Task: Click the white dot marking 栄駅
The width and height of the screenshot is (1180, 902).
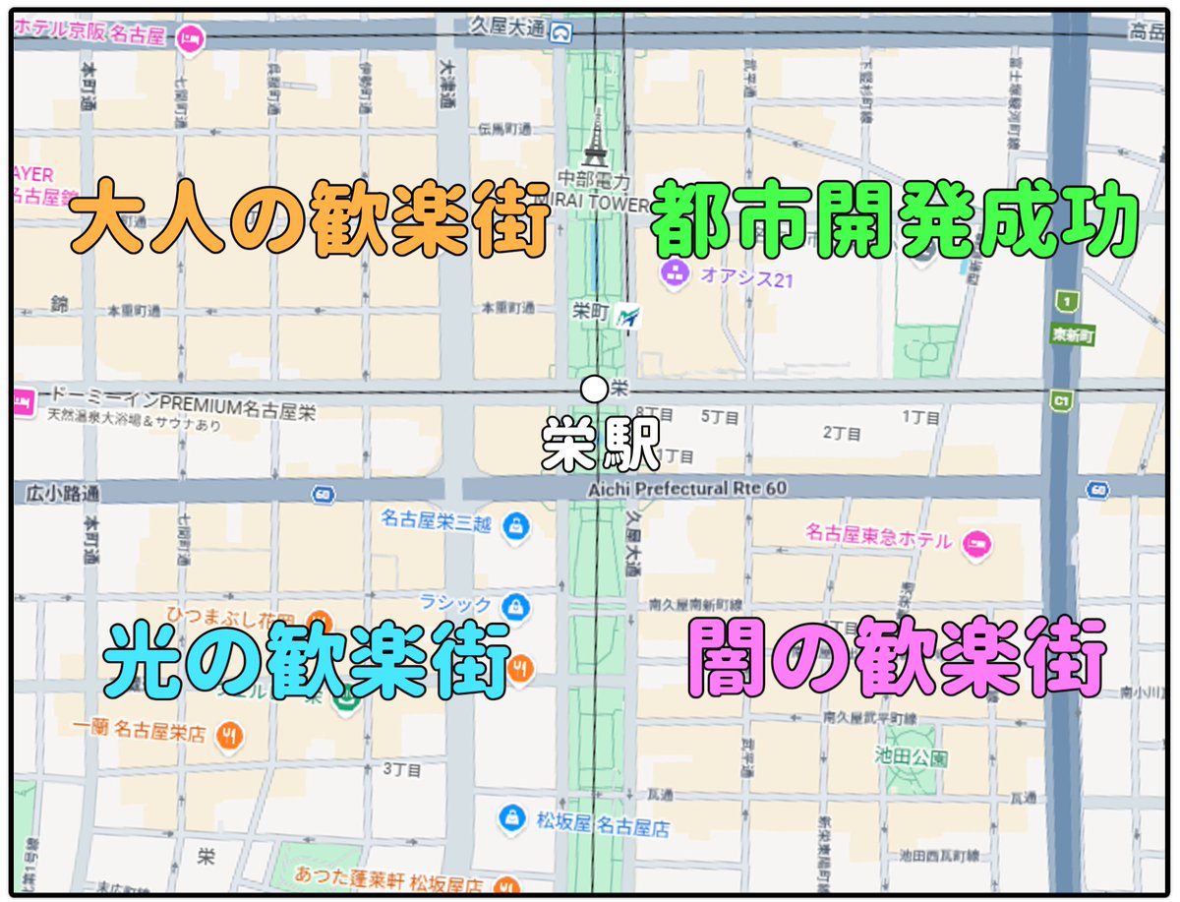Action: pos(593,390)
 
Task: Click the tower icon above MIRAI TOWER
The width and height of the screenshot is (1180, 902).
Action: pos(594,139)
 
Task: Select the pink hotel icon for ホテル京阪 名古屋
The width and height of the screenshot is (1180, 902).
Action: pos(190,38)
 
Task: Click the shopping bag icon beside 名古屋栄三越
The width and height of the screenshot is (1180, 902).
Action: pos(513,527)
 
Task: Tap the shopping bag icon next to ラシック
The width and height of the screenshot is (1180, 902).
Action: pos(513,602)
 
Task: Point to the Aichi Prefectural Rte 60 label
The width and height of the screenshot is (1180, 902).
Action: pos(687,488)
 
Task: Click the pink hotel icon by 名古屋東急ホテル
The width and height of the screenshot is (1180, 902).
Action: pos(976,540)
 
